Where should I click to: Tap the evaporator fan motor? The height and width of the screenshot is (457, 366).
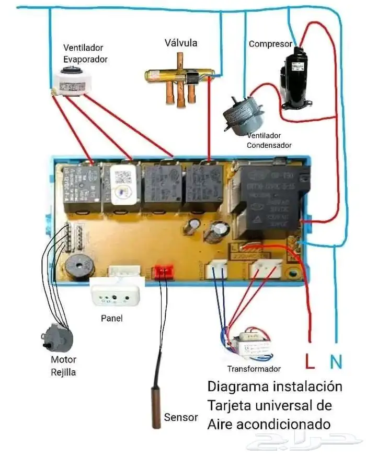click(73, 84)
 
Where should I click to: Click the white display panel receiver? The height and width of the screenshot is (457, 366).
click(116, 292)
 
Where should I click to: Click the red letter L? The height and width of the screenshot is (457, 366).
click(310, 360)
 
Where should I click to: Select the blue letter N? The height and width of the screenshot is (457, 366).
click(336, 360)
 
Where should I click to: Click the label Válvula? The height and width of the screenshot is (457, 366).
click(180, 43)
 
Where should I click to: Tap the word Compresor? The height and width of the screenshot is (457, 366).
click(270, 44)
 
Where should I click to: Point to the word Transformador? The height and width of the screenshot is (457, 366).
click(254, 369)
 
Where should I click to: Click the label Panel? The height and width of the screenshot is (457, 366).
click(111, 318)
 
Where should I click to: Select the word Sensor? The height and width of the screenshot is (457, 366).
click(181, 417)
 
